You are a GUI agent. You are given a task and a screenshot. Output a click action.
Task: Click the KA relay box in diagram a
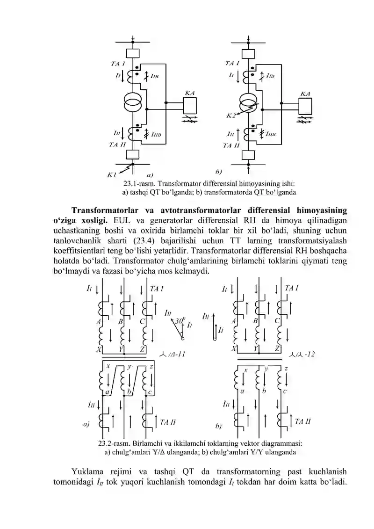coord(189,105)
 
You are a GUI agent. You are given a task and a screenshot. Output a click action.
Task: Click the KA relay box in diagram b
coord(305,106)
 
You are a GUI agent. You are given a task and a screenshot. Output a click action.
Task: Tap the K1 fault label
coord(112,175)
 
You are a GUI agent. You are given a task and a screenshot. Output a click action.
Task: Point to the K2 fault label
coord(230,116)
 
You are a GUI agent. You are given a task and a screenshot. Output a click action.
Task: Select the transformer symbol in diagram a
coord(132,103)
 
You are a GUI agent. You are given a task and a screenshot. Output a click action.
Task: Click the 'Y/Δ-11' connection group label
coord(172,354)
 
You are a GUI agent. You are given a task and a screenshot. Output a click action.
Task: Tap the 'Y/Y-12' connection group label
coord(302,354)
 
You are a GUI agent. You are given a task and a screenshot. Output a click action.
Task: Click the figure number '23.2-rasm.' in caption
coord(114,443)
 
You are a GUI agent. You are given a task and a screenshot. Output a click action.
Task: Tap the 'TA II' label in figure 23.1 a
coord(117,145)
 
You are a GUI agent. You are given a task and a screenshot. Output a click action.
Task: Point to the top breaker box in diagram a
coord(132,53)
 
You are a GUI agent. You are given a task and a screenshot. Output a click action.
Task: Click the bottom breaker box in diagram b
coord(248,155)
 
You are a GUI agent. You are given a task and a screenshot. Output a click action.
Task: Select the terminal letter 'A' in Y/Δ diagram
coord(99,322)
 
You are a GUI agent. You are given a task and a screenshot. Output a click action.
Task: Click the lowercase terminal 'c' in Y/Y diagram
coord(285,391)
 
